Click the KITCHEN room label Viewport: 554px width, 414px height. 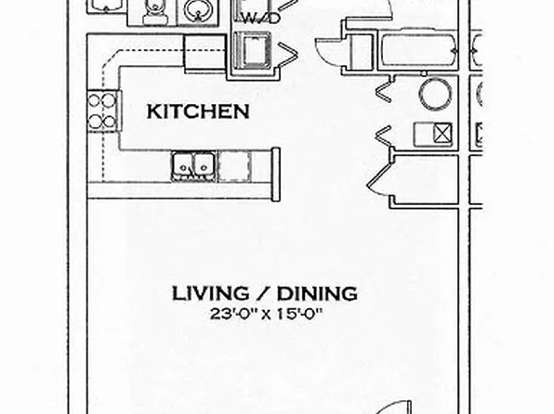(x=199, y=111)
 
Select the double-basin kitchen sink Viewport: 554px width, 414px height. (x=193, y=165)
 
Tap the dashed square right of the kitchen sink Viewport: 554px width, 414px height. (x=234, y=165)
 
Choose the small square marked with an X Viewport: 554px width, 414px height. (x=442, y=136)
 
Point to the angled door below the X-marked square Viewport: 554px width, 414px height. (x=380, y=176)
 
